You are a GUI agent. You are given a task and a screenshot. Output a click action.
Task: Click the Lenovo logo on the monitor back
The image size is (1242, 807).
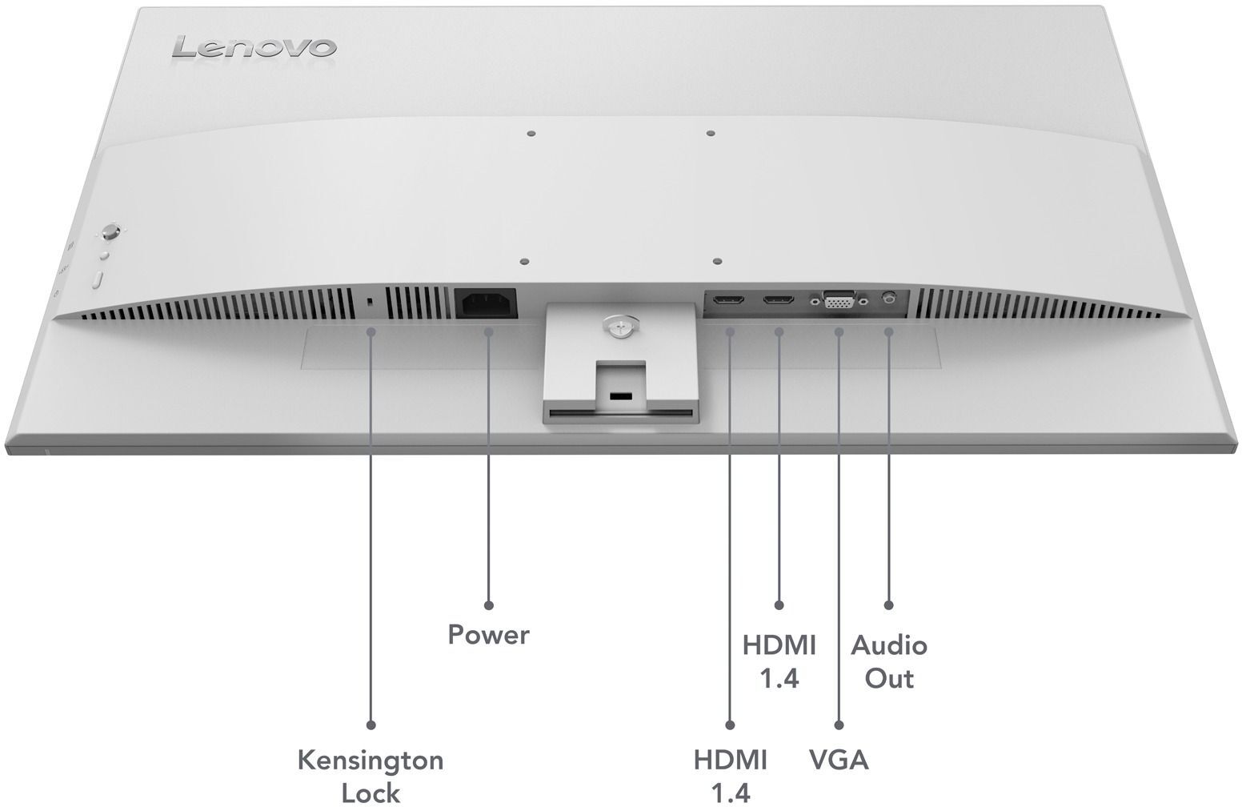pyautogui.click(x=254, y=47)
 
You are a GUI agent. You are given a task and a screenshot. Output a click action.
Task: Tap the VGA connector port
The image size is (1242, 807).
pyautogui.click(x=837, y=302)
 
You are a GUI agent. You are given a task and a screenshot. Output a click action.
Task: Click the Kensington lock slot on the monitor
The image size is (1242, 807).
pyautogui.click(x=370, y=302)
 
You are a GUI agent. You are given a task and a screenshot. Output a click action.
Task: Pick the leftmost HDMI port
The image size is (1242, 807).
pyautogui.click(x=729, y=301)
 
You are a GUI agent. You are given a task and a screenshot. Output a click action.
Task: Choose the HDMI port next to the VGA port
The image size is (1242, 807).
pyautogui.click(x=779, y=301)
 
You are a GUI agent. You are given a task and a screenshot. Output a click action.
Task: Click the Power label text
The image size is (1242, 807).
pyautogui.click(x=488, y=635)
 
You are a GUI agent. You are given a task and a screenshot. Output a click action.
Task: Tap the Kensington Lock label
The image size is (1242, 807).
pyautogui.click(x=371, y=775)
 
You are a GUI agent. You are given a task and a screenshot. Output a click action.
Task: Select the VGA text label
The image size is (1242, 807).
pyautogui.click(x=838, y=759)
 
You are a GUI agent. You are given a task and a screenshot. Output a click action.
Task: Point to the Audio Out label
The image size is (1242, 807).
pyautogui.click(x=888, y=661)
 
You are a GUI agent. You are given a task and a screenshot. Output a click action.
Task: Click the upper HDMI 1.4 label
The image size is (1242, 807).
pyautogui.click(x=779, y=661)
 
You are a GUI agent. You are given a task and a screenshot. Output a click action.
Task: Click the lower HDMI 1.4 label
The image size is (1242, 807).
pyautogui.click(x=730, y=775)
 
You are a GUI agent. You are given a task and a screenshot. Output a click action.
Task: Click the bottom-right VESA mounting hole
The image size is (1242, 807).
pyautogui.click(x=717, y=261)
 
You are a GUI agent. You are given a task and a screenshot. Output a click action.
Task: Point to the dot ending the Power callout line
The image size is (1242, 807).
pyautogui.click(x=488, y=605)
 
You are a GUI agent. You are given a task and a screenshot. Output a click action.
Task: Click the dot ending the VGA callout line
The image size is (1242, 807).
pyautogui.click(x=838, y=725)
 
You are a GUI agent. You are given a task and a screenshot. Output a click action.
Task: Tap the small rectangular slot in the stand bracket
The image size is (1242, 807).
pyautogui.click(x=619, y=395)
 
